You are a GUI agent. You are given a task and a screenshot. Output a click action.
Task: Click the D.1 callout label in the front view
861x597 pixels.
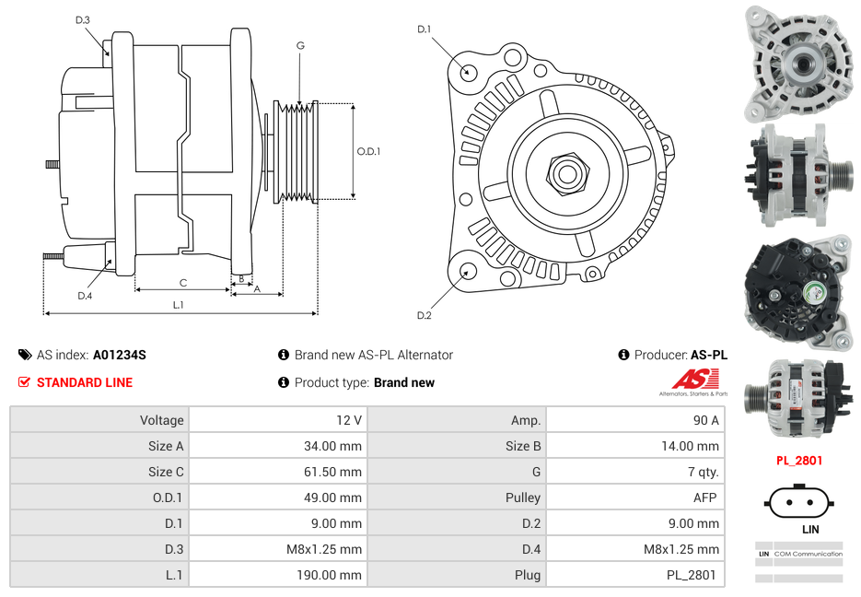424,29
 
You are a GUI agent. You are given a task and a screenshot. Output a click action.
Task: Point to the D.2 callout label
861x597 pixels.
424,316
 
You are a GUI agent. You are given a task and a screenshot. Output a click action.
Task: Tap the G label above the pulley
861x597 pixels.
300,45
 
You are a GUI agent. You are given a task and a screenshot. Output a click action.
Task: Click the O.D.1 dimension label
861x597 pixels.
368,151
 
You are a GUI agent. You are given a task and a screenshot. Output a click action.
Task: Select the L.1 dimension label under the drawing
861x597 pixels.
179,305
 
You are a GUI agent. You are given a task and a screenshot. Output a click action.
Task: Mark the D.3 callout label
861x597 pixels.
83,19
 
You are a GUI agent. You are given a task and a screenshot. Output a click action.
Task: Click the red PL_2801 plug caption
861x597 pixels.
798,461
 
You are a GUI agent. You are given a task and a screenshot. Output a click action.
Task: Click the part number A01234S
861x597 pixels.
119,355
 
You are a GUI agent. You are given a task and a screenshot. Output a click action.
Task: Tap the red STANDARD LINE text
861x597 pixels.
85,382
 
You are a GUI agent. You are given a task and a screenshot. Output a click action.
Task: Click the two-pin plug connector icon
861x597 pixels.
797,503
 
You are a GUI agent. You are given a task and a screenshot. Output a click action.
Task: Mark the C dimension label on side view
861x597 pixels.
183,283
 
